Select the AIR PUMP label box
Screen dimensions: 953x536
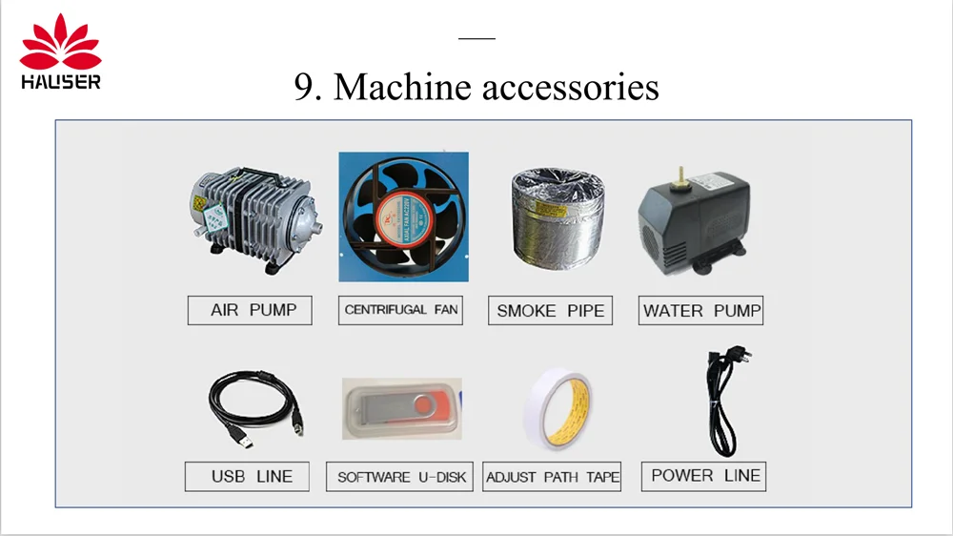[250, 310]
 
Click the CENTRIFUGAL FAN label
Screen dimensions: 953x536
[400, 310]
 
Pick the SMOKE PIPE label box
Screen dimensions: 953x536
[550, 311]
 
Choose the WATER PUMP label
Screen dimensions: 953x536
[700, 310]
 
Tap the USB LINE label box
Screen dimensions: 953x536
[248, 476]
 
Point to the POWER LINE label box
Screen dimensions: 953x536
[705, 475]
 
